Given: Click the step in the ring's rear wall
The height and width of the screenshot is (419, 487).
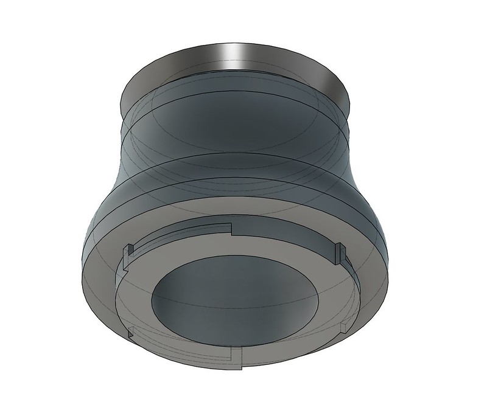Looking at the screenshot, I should click(231, 228).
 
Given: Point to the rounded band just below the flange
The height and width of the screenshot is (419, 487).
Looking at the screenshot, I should click(237, 109).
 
